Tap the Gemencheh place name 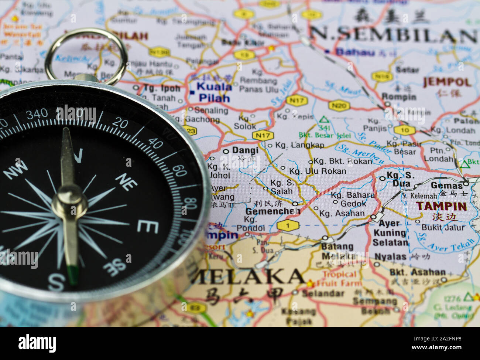click(272, 211)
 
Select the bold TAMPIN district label click(441, 206)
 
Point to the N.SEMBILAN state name click(393, 35)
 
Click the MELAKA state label click(248, 276)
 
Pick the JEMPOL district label click(447, 82)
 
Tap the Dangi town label click(245, 150)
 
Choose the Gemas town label click(447, 185)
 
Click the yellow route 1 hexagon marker click(287, 225)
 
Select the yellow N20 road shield click(339, 106)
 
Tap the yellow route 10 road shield click(404, 130)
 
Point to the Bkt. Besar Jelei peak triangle click(324, 120)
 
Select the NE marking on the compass click(126, 181)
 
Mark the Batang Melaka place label click(337, 251)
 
